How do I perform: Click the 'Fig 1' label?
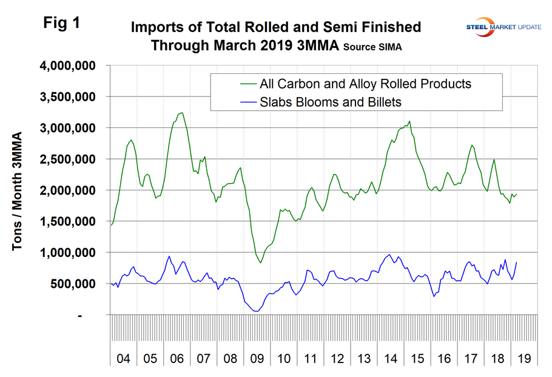coord(61,23)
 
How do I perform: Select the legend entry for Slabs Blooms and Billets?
coord(330,102)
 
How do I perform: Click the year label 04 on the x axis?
coord(123,359)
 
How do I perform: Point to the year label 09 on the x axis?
coord(257,359)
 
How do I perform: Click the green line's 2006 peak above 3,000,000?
coord(181,113)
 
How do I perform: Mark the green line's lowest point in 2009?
coord(261,262)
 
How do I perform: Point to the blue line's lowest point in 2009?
coord(257,311)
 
